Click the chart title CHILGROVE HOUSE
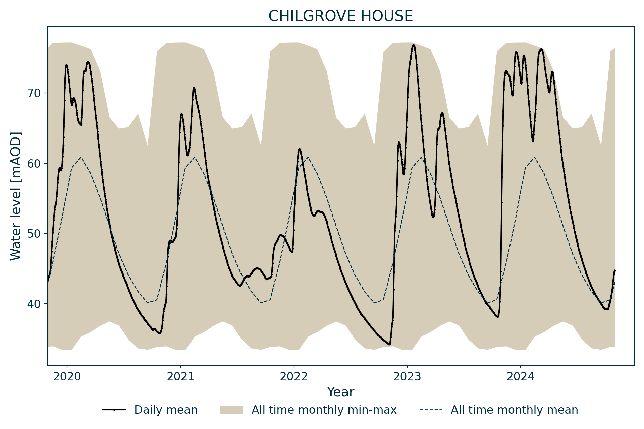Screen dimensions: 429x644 click(x=340, y=16)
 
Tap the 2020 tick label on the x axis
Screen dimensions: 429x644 click(x=67, y=377)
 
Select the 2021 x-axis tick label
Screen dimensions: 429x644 click(x=180, y=377)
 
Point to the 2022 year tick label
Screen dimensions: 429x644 click(x=294, y=377)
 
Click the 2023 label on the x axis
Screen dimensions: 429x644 click(x=407, y=377)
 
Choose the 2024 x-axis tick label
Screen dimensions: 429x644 click(x=521, y=377)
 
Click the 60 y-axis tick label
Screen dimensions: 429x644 click(x=33, y=163)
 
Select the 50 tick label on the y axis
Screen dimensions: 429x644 click(x=33, y=233)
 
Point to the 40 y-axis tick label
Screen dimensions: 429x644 click(x=33, y=304)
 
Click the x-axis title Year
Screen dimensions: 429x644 click(x=340, y=392)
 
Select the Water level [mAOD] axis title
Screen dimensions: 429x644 click(x=16, y=196)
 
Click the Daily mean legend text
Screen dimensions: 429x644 click(x=166, y=410)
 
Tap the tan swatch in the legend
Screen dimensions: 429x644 click(x=231, y=410)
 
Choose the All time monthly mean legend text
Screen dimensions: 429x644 click(x=514, y=410)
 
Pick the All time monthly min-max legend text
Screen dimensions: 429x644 click(x=324, y=410)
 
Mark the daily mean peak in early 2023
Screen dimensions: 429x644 click(x=413, y=45)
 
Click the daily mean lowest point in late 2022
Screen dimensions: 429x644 click(x=389, y=344)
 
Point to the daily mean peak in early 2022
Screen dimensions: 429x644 click(x=299, y=149)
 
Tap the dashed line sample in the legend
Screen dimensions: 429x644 click(x=431, y=410)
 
